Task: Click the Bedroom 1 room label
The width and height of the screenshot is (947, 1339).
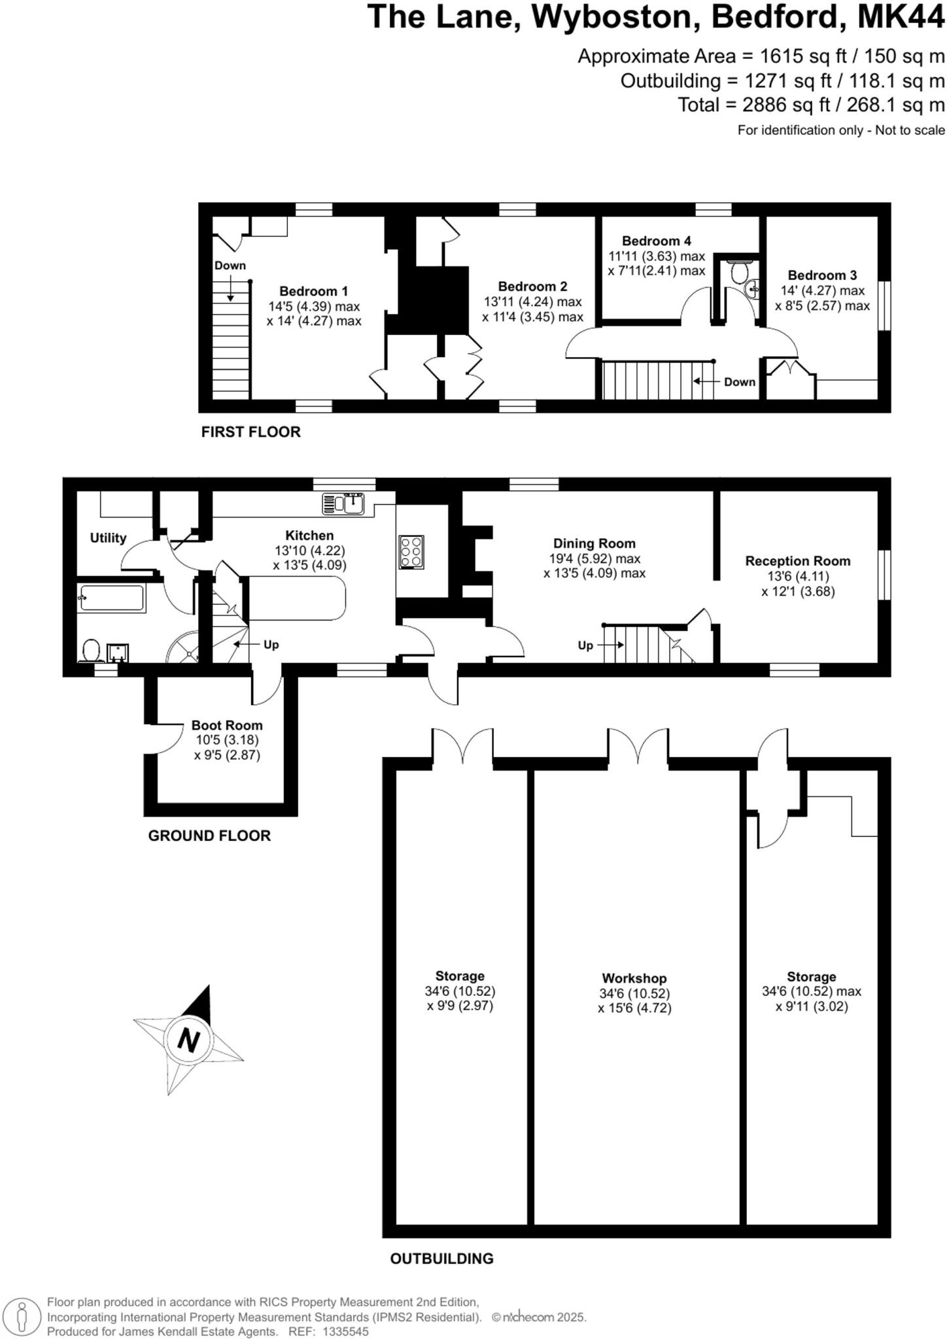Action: pyautogui.click(x=313, y=292)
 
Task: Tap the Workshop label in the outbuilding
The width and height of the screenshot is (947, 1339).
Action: pyautogui.click(x=634, y=978)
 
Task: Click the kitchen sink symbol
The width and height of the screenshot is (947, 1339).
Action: pyautogui.click(x=343, y=504)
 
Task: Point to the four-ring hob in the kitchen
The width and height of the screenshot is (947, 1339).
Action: pyautogui.click(x=411, y=551)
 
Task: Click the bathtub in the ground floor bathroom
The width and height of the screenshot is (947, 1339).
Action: pyautogui.click(x=111, y=598)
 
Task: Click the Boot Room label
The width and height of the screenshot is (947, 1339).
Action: pyautogui.click(x=227, y=725)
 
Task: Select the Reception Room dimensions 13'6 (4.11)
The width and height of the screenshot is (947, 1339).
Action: pyautogui.click(x=798, y=577)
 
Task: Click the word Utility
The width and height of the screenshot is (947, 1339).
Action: pyautogui.click(x=108, y=537)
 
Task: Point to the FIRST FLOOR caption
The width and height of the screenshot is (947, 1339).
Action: pyautogui.click(x=250, y=432)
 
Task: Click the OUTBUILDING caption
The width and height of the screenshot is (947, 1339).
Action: pyautogui.click(x=441, y=1258)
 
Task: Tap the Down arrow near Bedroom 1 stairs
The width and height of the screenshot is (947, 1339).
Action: pyautogui.click(x=230, y=288)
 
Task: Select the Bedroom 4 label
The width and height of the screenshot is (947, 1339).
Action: pyautogui.click(x=656, y=241)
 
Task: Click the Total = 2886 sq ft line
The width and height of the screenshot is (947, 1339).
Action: pyautogui.click(x=810, y=105)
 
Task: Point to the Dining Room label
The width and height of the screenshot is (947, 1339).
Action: pyautogui.click(x=594, y=543)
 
